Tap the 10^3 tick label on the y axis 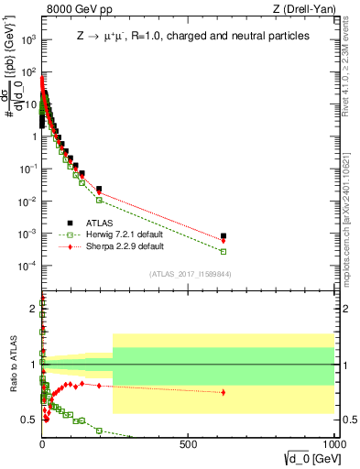pos(27,39)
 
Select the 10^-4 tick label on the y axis pos(27,266)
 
